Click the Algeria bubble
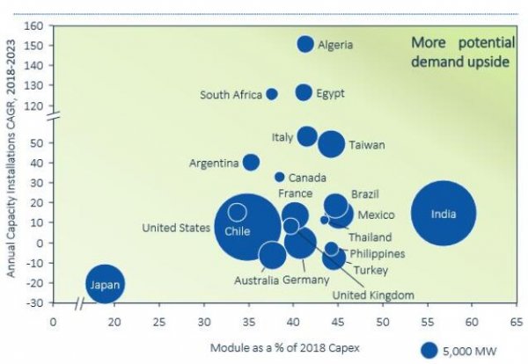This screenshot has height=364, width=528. (305, 44)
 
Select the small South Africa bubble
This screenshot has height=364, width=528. (272, 94)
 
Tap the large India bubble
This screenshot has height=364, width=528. (444, 214)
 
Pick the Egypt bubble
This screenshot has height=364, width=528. (304, 92)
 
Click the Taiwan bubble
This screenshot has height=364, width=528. (332, 144)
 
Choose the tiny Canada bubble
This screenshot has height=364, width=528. (280, 177)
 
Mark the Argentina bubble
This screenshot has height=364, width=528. (251, 163)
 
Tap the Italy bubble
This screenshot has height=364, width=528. (307, 135)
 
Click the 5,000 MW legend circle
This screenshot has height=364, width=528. (429, 350)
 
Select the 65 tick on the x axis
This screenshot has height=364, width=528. (516, 323)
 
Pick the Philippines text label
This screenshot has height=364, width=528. (378, 253)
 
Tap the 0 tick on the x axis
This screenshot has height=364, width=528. (54, 323)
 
